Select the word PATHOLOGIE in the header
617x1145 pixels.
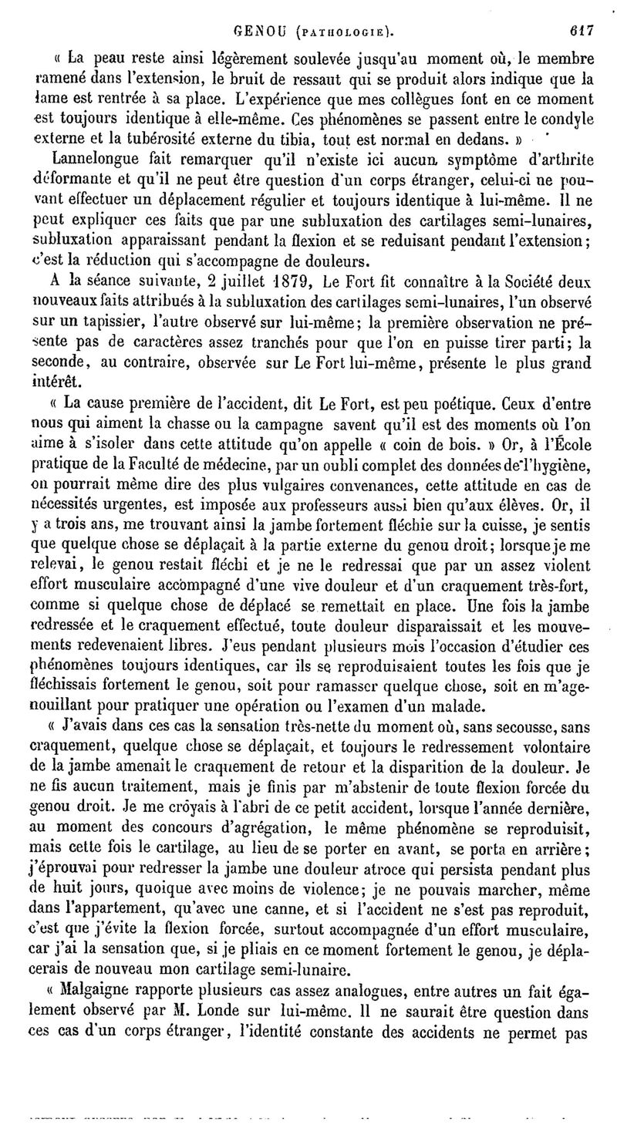click(x=340, y=33)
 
